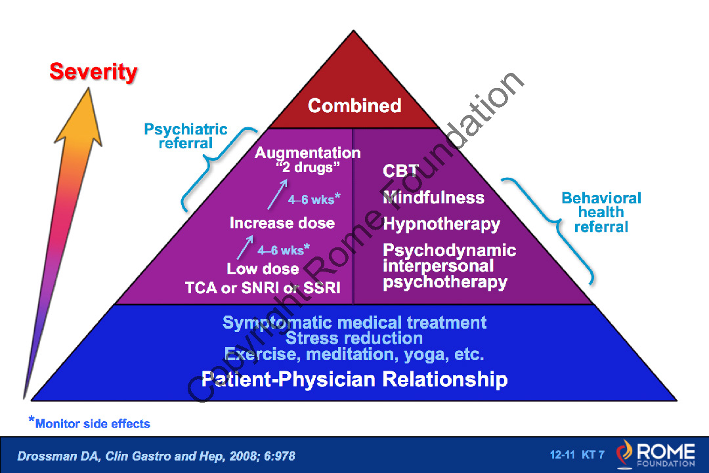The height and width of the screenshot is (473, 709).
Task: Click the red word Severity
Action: [x=93, y=72]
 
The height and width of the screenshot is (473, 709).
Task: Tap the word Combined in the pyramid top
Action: [x=354, y=106]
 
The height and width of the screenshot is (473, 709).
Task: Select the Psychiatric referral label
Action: [x=185, y=136]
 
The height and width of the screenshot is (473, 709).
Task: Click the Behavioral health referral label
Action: [x=601, y=213]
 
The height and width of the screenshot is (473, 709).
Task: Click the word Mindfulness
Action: [x=433, y=197]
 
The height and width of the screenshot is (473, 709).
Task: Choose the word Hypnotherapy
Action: [x=441, y=224]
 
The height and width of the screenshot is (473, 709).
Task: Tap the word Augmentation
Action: [x=307, y=153]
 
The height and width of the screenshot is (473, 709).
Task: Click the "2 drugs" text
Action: [x=307, y=167]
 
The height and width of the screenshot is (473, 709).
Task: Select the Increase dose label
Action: [x=282, y=222]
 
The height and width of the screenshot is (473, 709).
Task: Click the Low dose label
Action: [x=263, y=269]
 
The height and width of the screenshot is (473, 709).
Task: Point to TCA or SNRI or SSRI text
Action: [x=263, y=288]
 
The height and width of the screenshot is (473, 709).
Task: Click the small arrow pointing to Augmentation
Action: [x=277, y=194]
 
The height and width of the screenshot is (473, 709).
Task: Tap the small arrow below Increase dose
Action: [x=245, y=247]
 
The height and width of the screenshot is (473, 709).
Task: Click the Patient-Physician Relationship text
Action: [x=354, y=379]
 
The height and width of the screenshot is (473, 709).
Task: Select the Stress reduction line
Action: [x=354, y=338]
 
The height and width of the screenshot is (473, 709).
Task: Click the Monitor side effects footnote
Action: [x=89, y=423]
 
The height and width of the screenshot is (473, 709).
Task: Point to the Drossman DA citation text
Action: [x=156, y=456]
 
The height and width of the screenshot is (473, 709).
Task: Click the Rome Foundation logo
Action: [x=656, y=455]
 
